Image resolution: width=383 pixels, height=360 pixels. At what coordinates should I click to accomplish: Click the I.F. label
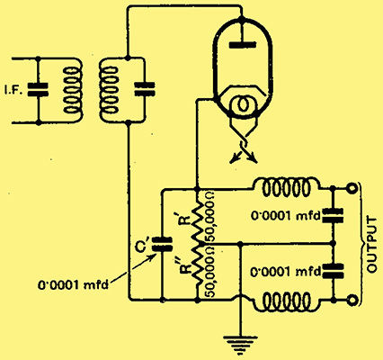click(x=13, y=91)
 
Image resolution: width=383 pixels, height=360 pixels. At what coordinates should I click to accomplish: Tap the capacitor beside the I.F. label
click(x=38, y=90)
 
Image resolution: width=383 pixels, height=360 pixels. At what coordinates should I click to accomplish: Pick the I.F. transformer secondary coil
click(x=109, y=90)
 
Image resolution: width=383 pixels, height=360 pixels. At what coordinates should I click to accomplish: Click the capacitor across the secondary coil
click(x=145, y=89)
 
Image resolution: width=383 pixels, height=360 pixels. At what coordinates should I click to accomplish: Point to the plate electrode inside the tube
click(x=243, y=45)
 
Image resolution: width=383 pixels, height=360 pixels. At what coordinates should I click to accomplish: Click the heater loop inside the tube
click(x=243, y=104)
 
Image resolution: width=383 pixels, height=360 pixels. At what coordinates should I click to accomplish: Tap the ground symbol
click(x=240, y=345)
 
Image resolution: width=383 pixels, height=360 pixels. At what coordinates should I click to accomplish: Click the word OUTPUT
click(x=372, y=245)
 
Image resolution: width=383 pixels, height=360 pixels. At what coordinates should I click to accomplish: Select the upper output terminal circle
click(x=352, y=189)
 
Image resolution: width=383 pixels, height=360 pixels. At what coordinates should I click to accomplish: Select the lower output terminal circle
click(x=352, y=301)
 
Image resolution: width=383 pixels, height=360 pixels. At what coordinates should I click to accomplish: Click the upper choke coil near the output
click(x=286, y=187)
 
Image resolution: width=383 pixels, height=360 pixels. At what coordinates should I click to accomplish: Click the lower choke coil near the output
click(x=286, y=302)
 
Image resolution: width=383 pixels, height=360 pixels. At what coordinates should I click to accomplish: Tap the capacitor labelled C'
click(x=162, y=244)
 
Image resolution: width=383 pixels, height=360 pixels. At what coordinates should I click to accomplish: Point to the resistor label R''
click(x=186, y=264)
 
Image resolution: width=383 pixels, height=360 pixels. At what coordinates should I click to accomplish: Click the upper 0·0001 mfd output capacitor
click(x=333, y=216)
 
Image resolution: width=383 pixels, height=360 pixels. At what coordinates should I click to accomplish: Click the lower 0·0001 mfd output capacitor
click(x=333, y=271)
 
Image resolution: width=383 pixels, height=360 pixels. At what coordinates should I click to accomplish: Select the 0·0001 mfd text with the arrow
click(x=73, y=284)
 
